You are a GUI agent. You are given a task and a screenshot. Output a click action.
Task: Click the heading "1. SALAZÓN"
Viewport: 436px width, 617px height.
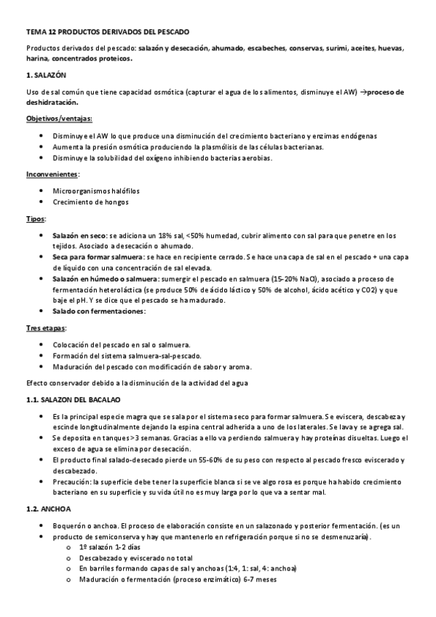click(x=46, y=75)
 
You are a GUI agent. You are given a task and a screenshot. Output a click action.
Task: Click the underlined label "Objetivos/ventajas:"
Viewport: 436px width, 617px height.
click(x=59, y=119)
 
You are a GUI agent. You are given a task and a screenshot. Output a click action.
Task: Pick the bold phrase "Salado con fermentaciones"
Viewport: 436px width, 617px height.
click(x=99, y=311)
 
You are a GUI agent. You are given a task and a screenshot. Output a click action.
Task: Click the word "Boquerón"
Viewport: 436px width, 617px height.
click(x=71, y=525)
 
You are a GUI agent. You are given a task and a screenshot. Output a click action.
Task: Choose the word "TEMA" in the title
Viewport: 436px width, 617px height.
click(x=35, y=32)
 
